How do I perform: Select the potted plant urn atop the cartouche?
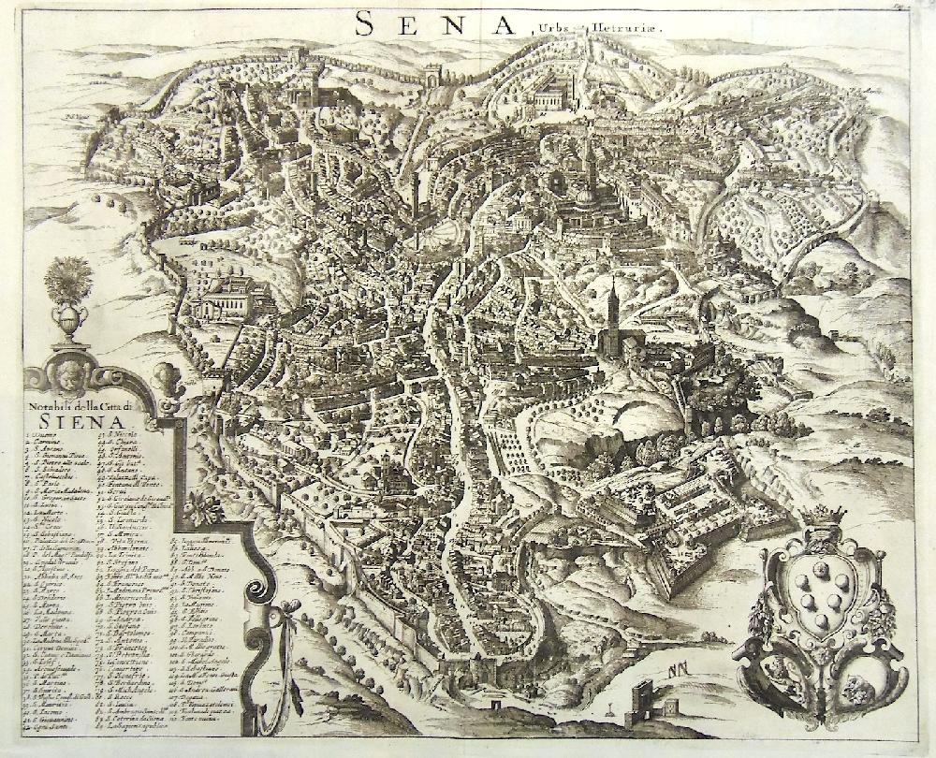(68, 299)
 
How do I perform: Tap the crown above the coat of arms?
(823, 516)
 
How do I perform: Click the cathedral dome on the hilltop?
(585, 195)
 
